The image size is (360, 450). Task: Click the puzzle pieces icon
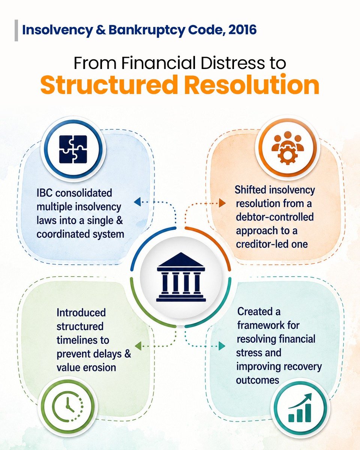[73, 149]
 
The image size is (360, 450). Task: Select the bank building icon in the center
[181, 277]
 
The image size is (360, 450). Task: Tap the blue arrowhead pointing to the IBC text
[137, 202]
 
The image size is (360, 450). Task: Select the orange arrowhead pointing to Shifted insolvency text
[222, 203]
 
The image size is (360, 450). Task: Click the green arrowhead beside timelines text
[138, 346]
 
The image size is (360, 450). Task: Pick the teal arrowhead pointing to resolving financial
[222, 346]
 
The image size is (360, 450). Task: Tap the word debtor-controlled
[274, 217]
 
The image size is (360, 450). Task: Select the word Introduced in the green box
[81, 313]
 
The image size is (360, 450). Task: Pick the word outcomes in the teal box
[258, 380]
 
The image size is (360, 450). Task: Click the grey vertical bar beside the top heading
[16, 30]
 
